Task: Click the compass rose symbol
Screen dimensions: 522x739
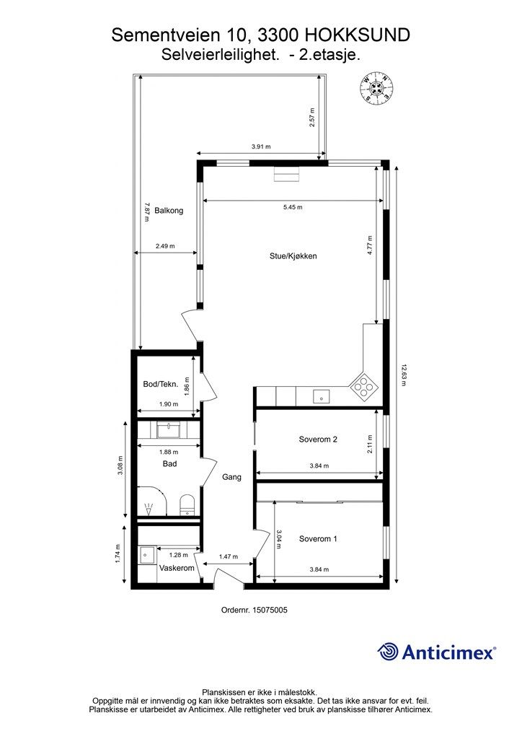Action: tap(376, 87)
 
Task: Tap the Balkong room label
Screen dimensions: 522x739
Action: tap(169, 211)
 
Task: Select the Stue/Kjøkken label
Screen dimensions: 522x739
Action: tap(293, 256)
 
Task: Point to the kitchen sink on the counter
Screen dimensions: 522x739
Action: tap(322, 396)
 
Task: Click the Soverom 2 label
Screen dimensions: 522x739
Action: tap(318, 440)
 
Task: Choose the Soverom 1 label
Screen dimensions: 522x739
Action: tap(318, 538)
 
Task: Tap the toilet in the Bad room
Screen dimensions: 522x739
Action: tap(187, 504)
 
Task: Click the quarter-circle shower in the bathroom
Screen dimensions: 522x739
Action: tap(152, 502)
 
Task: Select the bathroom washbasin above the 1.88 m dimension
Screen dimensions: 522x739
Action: tap(169, 430)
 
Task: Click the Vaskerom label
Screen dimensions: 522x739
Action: tap(177, 569)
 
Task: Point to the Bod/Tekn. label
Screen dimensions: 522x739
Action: tap(161, 384)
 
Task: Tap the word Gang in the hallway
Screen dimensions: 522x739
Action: tap(231, 478)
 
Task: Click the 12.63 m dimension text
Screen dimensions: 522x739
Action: tap(404, 375)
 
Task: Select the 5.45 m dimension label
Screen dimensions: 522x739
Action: tap(293, 207)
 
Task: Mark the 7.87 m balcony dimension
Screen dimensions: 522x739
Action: tap(147, 213)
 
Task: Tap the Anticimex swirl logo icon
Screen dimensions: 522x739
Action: tap(388, 652)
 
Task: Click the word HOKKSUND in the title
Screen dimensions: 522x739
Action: tap(358, 35)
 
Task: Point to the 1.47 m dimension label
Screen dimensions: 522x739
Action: tap(229, 556)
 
